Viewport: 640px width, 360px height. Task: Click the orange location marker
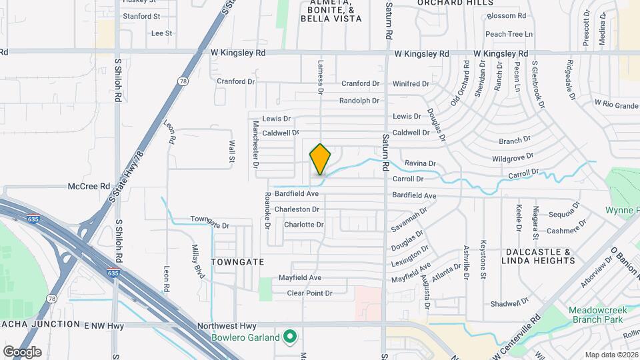tap(320, 159)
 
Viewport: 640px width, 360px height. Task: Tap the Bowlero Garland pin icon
tap(290, 337)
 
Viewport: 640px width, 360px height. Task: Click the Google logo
tap(22, 351)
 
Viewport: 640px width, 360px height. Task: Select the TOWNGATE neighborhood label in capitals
tap(238, 262)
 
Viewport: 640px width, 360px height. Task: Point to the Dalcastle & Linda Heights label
tap(540, 256)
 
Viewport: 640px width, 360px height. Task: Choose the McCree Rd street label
tap(89, 186)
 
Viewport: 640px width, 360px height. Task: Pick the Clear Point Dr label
tap(309, 293)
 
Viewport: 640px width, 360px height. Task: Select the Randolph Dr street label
tap(359, 101)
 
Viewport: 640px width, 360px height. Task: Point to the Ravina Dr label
tap(420, 163)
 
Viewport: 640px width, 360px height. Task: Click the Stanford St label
tap(141, 16)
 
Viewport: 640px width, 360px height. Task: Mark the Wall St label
tap(232, 151)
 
